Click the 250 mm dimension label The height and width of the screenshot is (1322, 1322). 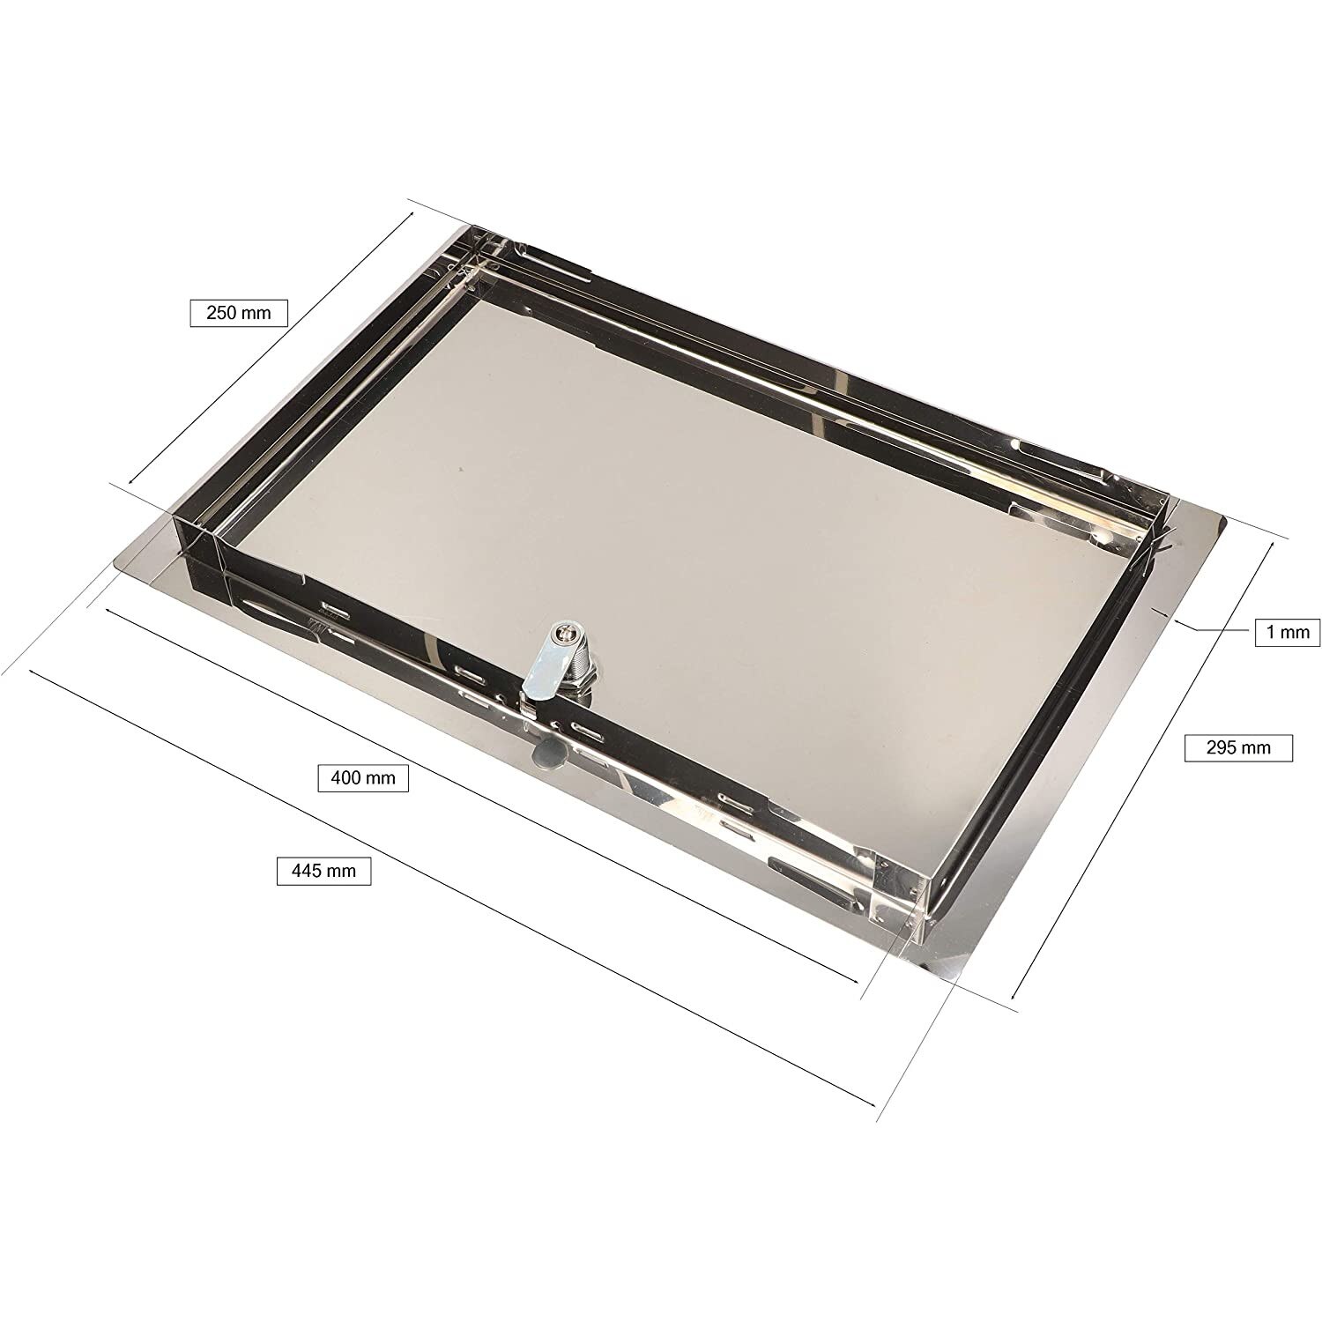pyautogui.click(x=239, y=313)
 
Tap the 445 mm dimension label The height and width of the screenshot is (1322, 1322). pyautogui.click(x=323, y=871)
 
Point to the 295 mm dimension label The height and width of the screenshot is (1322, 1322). pyautogui.click(x=1238, y=747)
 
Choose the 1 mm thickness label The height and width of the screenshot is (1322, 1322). pyautogui.click(x=1288, y=632)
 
